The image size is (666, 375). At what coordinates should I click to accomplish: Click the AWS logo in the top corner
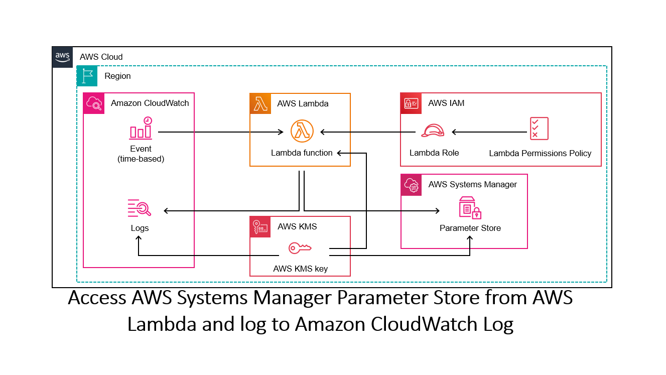63,57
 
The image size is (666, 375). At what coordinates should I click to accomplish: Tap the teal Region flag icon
87,76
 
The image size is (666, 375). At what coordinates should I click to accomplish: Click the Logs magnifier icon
140,208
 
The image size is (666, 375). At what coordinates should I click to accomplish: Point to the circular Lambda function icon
302,132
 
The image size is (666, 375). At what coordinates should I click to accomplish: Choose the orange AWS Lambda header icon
260,103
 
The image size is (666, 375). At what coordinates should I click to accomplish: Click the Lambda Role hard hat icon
433,131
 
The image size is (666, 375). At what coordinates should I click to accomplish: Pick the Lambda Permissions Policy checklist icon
539,129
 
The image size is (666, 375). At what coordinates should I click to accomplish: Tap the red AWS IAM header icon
411,103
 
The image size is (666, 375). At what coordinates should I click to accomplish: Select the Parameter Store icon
470,208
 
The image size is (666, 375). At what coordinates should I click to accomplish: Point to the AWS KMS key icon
300,247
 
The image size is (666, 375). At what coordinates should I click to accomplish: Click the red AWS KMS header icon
260,226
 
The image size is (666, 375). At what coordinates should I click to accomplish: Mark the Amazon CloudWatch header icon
94,103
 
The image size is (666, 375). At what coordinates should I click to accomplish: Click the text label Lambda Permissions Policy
540,153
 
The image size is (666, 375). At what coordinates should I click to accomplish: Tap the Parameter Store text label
470,228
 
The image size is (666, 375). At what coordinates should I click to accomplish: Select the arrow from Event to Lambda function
221,132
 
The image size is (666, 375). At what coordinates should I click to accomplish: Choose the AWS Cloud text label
101,57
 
